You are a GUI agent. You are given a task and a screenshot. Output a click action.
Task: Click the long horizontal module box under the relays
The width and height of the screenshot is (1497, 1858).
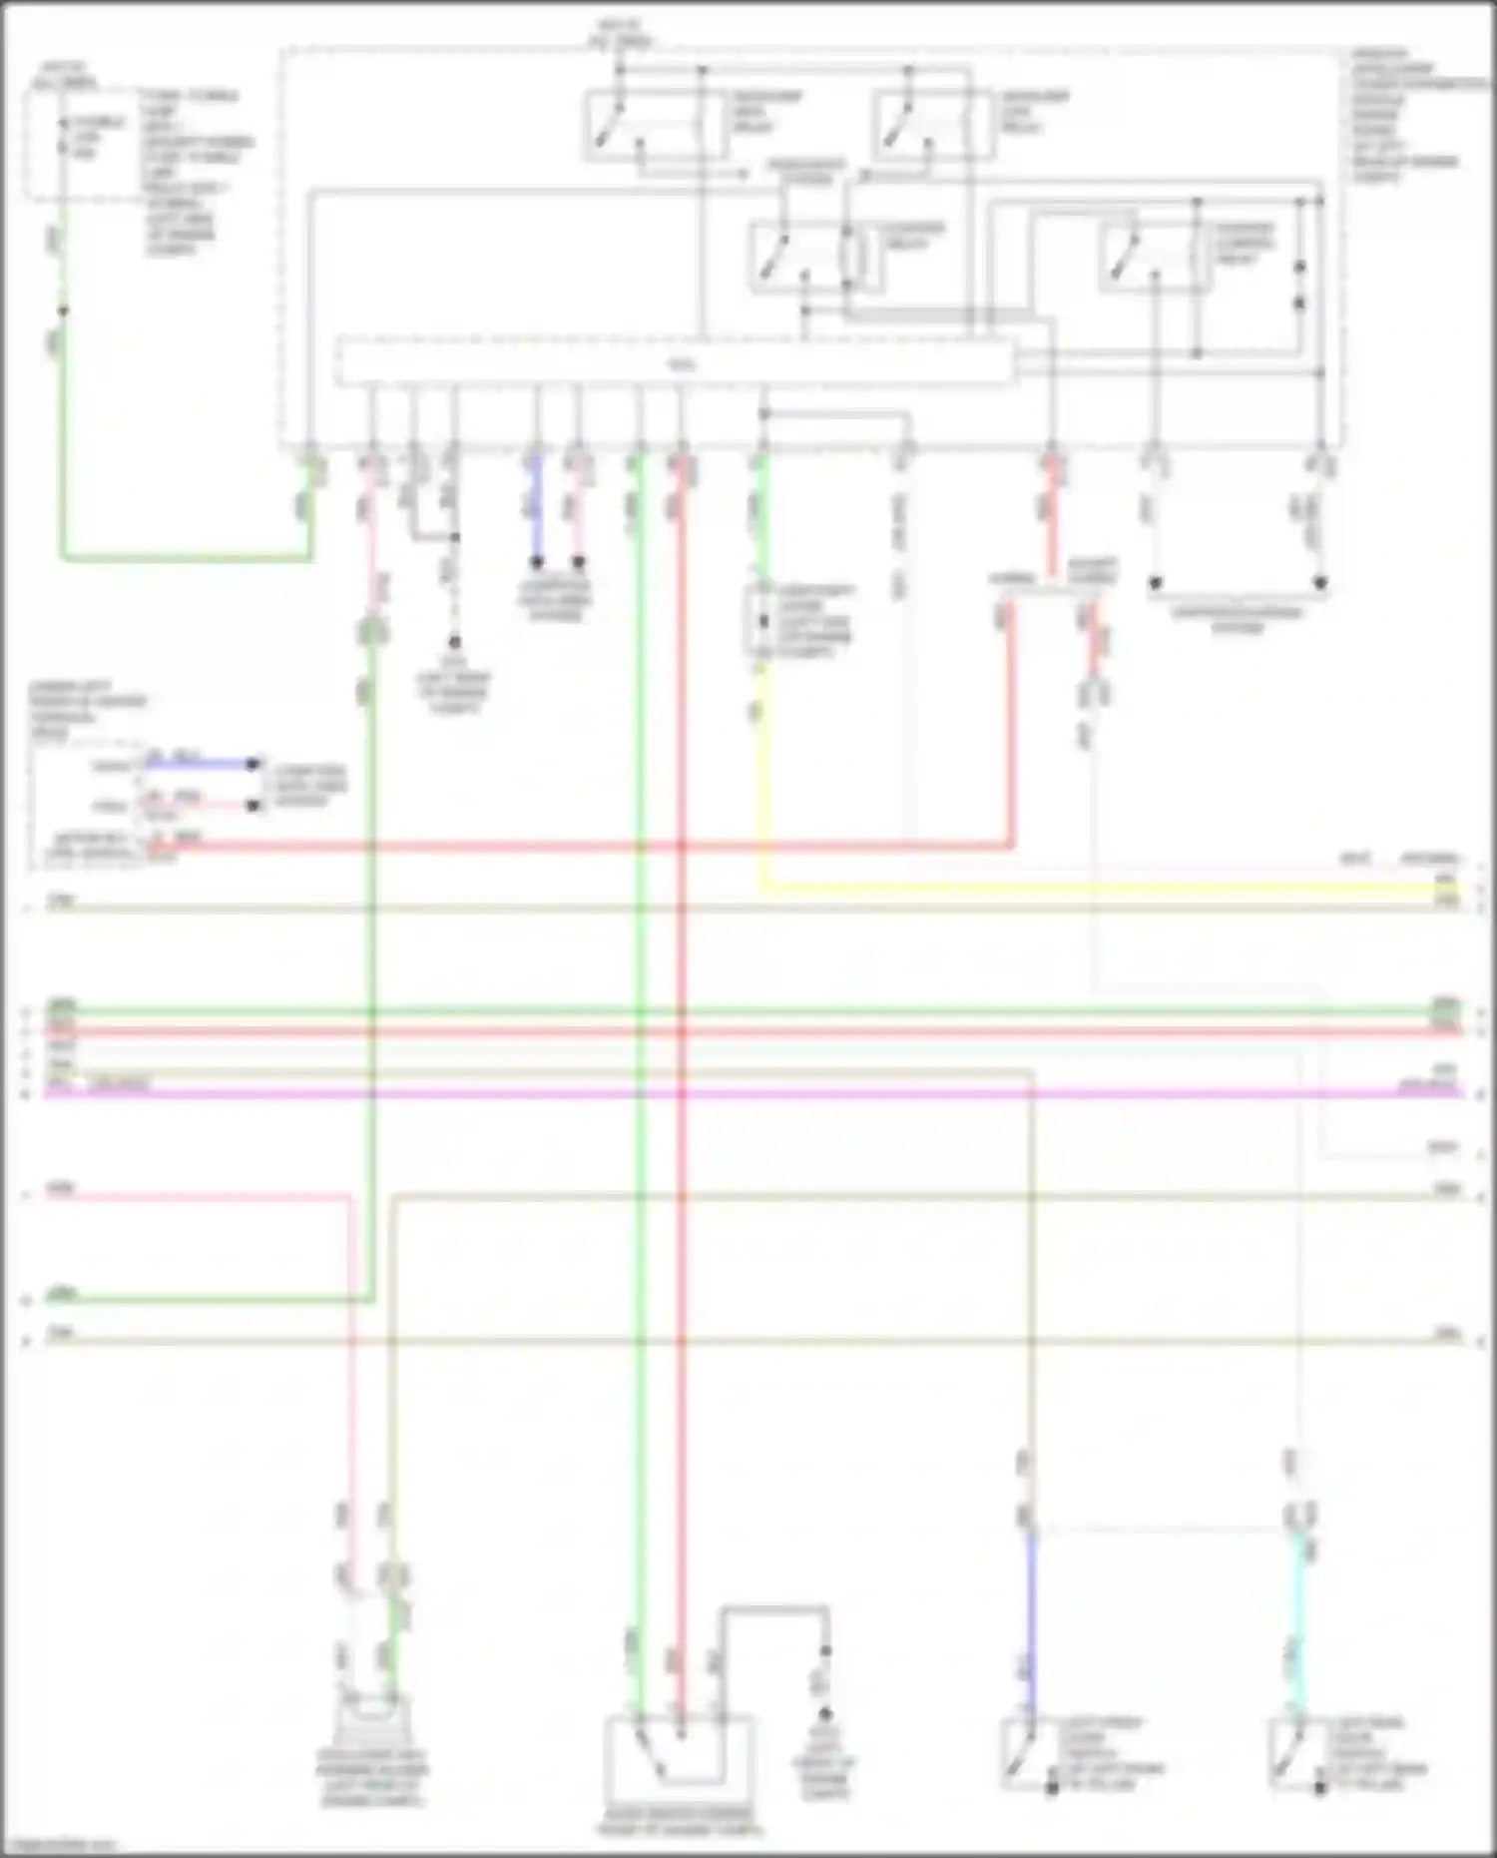pos(675,362)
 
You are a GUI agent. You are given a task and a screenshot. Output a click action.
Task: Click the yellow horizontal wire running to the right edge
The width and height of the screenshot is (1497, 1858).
pos(1098,886)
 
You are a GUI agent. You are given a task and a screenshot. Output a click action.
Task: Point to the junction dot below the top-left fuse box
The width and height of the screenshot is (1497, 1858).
pos(62,310)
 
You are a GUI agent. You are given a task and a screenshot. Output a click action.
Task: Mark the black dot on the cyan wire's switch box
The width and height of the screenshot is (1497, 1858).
pos(1320,1787)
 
